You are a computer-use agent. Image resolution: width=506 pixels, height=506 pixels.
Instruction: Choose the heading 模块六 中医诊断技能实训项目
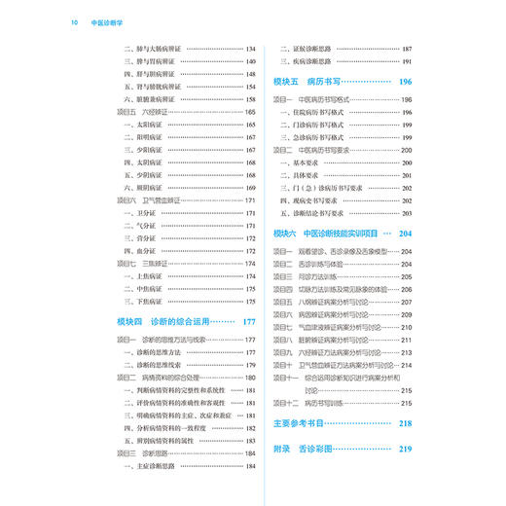(x=331, y=234)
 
